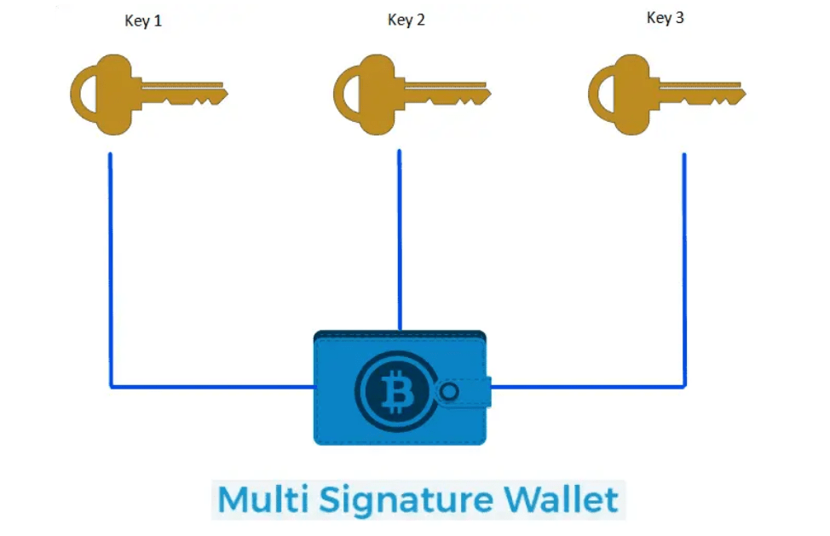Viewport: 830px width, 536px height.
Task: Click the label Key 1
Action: (x=142, y=21)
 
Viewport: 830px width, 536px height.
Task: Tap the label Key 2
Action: (x=406, y=20)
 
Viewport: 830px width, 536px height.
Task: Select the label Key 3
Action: (x=665, y=18)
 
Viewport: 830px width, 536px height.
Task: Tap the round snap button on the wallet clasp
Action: (x=450, y=392)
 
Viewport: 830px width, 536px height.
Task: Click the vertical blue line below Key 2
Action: (x=400, y=239)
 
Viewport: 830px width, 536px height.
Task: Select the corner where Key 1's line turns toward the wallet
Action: (x=112, y=387)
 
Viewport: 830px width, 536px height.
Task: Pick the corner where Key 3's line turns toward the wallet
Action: (x=684, y=387)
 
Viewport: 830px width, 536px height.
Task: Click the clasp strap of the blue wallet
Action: (x=464, y=392)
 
